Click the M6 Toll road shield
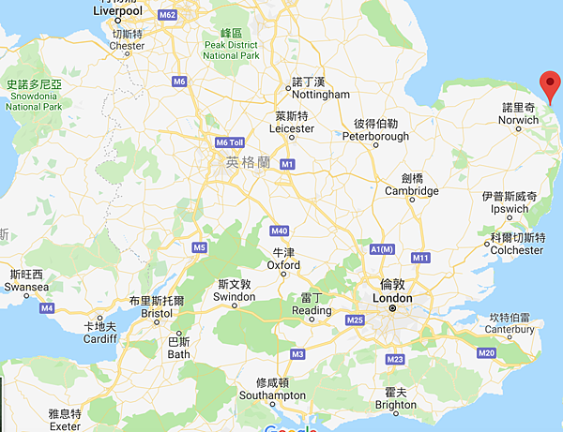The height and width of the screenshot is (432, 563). tap(229, 142)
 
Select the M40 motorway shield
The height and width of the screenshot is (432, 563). tap(279, 231)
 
